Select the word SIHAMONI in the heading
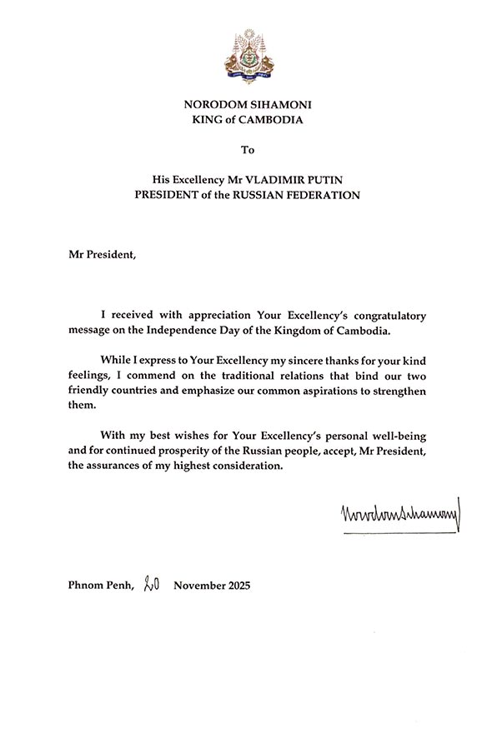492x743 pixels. click(276, 104)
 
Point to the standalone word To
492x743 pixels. click(246, 150)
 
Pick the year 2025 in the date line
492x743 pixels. click(234, 586)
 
